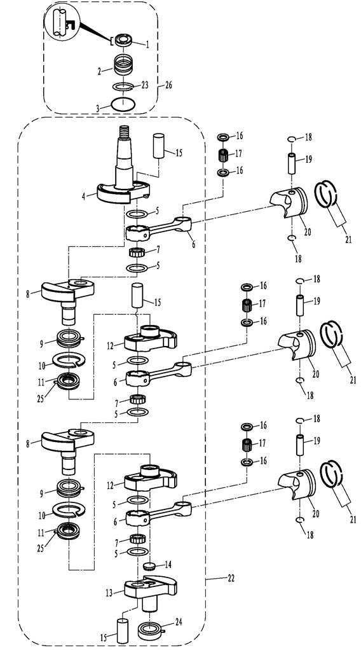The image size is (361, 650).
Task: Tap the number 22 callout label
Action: [x=230, y=577]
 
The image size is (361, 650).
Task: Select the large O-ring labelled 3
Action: [x=123, y=104]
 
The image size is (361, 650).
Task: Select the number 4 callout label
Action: [x=84, y=196]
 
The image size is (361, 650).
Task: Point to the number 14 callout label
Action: [x=167, y=565]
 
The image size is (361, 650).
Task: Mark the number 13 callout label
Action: [x=109, y=593]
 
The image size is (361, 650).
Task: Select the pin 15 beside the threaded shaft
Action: [x=160, y=146]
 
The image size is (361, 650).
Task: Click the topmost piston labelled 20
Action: [x=290, y=204]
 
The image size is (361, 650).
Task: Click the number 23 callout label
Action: [x=145, y=85]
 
